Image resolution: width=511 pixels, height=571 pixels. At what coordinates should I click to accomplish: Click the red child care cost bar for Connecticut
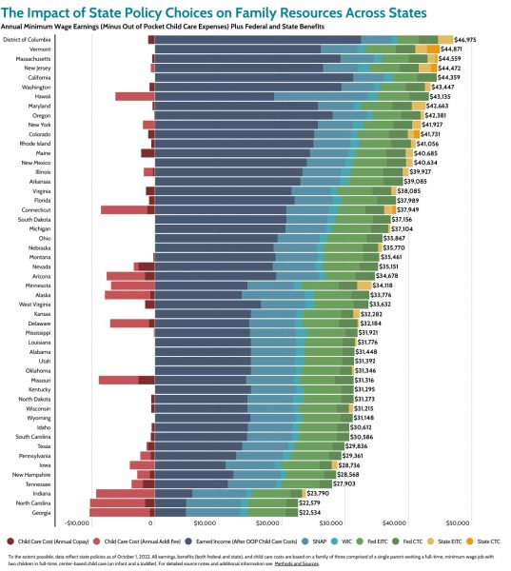tap(125, 209)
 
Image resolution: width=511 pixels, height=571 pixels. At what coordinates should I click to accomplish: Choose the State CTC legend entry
tap(487, 540)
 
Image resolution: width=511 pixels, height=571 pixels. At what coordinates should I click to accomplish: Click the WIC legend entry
tap(355, 540)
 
